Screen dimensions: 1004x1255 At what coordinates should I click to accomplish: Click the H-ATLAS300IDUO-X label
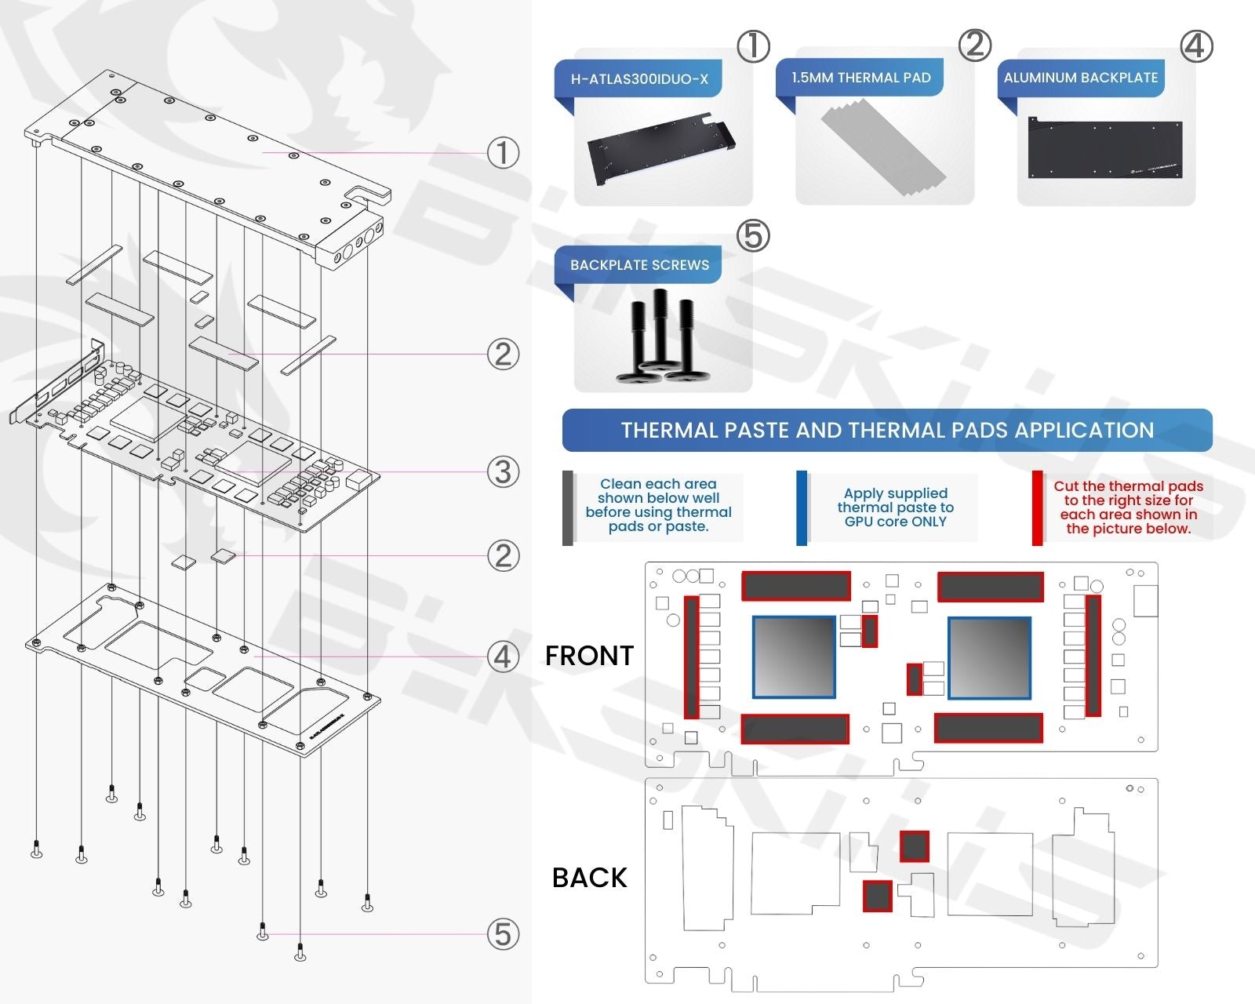pyautogui.click(x=638, y=78)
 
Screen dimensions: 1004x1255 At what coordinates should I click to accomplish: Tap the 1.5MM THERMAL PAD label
pyautogui.click(x=860, y=78)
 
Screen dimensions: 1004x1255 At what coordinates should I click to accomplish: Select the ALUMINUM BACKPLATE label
pyautogui.click(x=1080, y=78)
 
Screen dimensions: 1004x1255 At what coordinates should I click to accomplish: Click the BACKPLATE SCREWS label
pyautogui.click(x=639, y=265)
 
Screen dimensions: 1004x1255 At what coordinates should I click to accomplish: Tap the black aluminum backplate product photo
pyautogui.click(x=1105, y=150)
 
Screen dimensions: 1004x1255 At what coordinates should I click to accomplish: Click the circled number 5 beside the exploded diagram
pyautogui.click(x=503, y=934)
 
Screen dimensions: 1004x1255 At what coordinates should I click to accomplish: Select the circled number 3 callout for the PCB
pyautogui.click(x=503, y=472)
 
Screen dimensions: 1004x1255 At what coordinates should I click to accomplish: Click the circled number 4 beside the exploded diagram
pyautogui.click(x=503, y=657)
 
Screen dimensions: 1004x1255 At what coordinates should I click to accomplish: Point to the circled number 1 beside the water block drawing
pyautogui.click(x=503, y=153)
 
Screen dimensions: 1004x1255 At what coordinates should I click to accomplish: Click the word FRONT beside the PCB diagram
pyautogui.click(x=589, y=656)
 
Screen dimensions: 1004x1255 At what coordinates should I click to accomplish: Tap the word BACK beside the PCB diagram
pyautogui.click(x=589, y=878)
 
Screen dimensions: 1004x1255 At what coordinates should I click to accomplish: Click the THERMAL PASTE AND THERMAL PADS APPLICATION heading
pyautogui.click(x=887, y=430)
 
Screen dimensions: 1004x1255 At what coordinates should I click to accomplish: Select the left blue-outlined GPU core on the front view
pyautogui.click(x=794, y=657)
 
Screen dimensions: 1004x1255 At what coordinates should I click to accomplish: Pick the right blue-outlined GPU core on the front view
pyautogui.click(x=989, y=657)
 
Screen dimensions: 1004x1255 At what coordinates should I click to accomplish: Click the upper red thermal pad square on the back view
pyautogui.click(x=914, y=846)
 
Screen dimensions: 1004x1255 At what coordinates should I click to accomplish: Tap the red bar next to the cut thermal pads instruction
pyautogui.click(x=1037, y=507)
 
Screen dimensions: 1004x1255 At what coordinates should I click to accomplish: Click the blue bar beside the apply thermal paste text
pyautogui.click(x=802, y=507)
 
